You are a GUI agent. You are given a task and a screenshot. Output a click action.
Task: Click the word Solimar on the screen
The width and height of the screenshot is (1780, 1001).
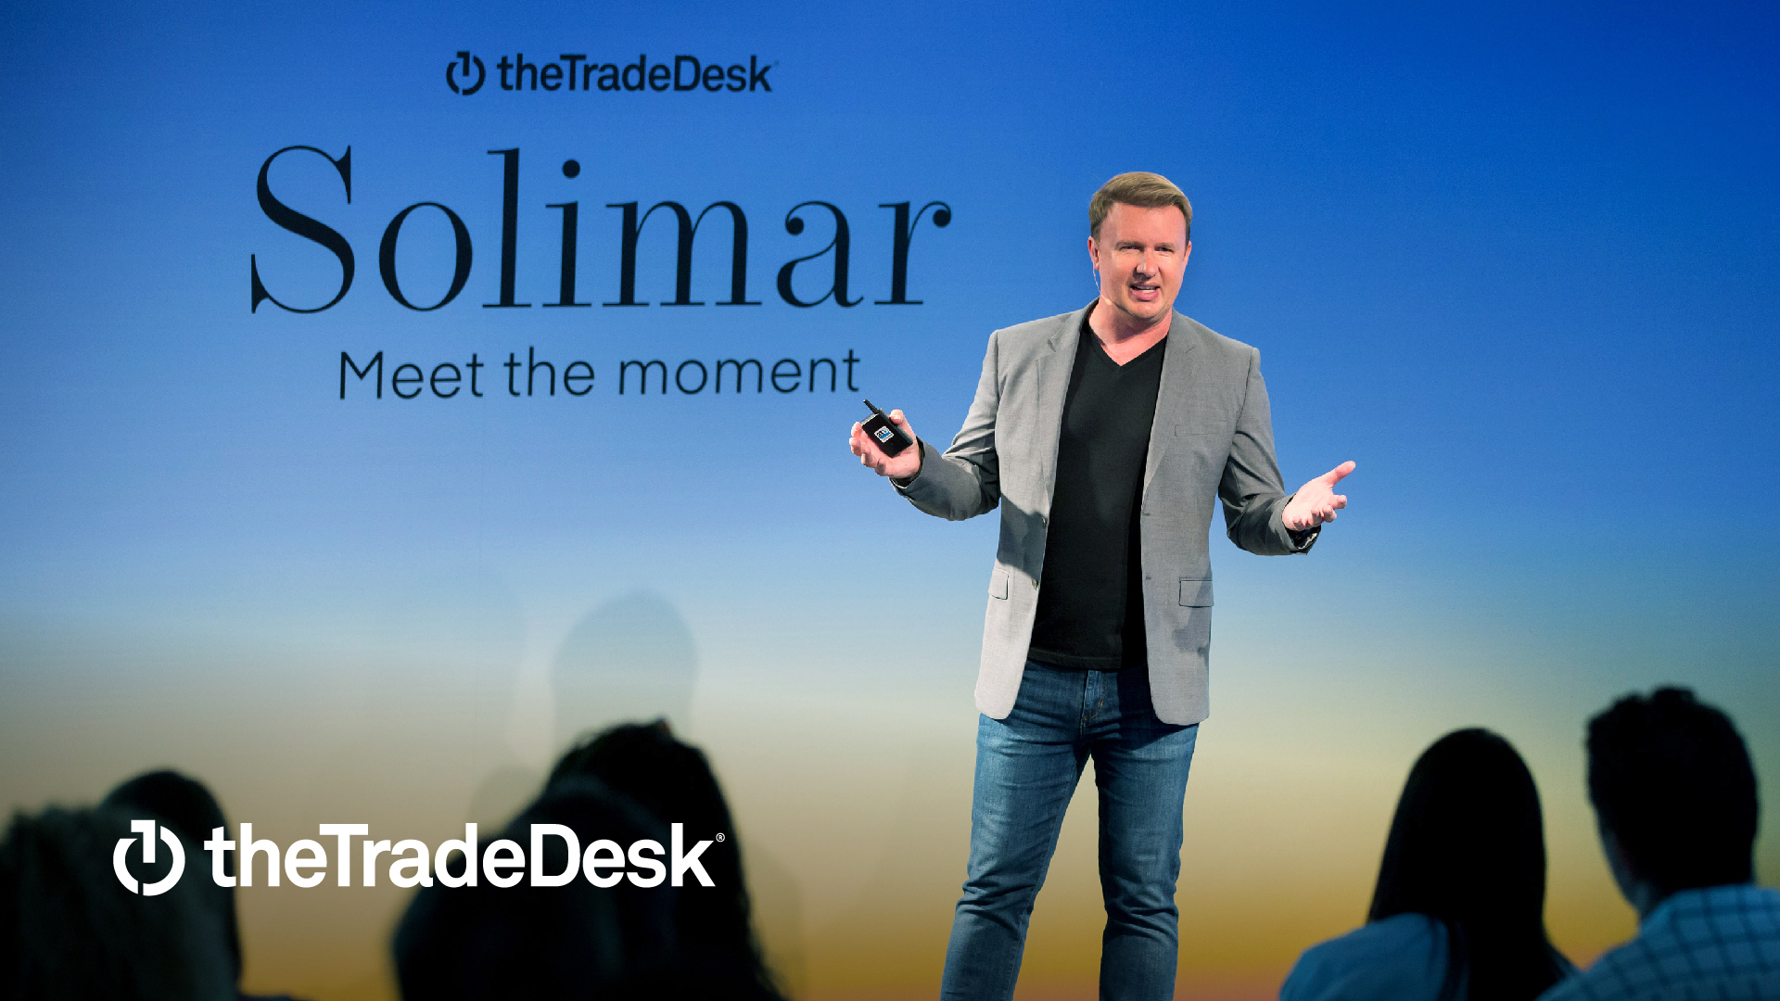click(601, 232)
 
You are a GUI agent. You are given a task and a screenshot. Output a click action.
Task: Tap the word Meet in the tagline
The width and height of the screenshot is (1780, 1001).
click(411, 374)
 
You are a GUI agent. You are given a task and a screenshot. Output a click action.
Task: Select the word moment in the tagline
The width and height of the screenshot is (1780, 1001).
click(739, 373)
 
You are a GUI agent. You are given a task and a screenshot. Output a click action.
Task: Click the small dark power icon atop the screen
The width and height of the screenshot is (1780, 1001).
click(465, 73)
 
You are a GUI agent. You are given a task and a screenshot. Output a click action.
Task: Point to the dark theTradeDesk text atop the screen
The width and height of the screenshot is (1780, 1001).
click(635, 74)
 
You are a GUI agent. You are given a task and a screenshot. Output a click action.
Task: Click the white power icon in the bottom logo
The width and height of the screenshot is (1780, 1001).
click(148, 857)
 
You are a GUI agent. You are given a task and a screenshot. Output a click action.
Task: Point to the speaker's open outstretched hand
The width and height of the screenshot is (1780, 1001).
click(1318, 496)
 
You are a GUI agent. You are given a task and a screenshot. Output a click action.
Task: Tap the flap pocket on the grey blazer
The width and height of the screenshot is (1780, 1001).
click(1196, 590)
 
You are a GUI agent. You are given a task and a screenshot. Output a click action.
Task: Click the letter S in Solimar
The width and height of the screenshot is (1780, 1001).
click(302, 230)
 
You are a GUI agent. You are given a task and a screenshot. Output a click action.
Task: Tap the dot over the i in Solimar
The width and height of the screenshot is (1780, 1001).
click(571, 169)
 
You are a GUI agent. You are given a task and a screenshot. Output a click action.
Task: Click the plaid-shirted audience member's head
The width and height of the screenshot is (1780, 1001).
click(1669, 779)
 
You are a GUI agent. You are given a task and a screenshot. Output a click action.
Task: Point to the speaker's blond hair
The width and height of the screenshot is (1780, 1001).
click(1140, 192)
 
